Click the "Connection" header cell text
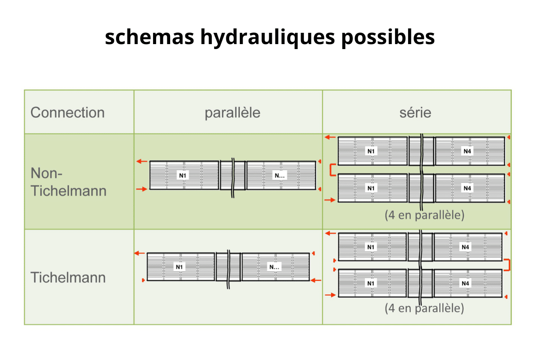pyautogui.click(x=67, y=112)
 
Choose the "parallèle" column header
pyautogui.click(x=232, y=112)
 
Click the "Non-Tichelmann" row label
pyautogui.click(x=68, y=182)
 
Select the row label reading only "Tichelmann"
pyautogui.click(x=68, y=277)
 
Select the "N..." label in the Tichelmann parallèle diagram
pyautogui.click(x=274, y=267)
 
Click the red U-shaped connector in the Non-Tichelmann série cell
pyautogui.click(x=332, y=170)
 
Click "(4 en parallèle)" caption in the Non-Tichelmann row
pyautogui.click(x=424, y=215)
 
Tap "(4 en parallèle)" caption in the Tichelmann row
pyautogui.click(x=424, y=308)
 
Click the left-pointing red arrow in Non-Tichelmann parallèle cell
pyautogui.click(x=142, y=161)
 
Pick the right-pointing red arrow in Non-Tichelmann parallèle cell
pyautogui.click(x=142, y=189)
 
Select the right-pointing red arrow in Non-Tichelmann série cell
pyautogui.click(x=330, y=199)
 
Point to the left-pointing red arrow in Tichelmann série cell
pyautogui.click(x=330, y=234)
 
